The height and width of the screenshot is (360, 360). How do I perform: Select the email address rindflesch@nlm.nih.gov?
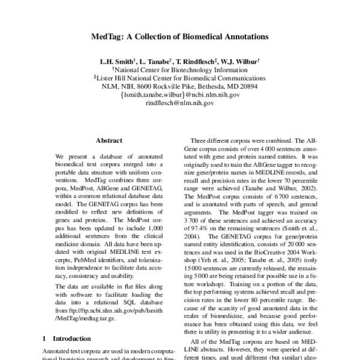click(x=180, y=103)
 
